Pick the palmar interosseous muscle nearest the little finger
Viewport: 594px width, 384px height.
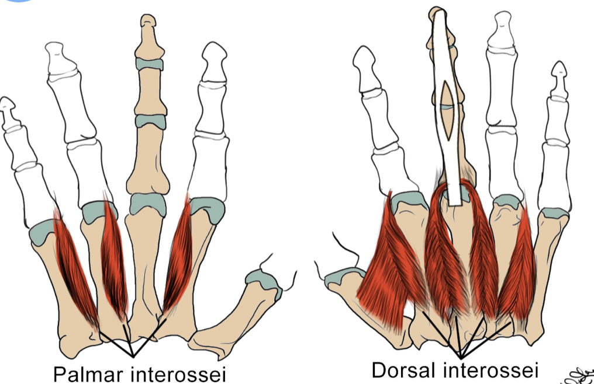[x=76, y=266]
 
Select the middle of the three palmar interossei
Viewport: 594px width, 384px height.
[x=115, y=257]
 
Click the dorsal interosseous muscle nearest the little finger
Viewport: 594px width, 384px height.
[x=517, y=266]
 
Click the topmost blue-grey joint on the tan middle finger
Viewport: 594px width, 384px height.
[x=149, y=64]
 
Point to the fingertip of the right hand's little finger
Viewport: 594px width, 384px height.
[x=559, y=71]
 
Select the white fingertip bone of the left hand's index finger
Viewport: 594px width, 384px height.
[x=213, y=61]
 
